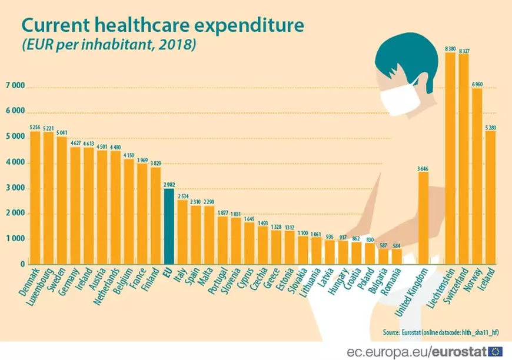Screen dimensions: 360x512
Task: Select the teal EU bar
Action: click(x=169, y=226)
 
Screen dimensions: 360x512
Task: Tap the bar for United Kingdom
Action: click(x=423, y=218)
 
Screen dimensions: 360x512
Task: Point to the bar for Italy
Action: click(x=182, y=232)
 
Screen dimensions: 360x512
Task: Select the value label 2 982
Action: click(x=169, y=184)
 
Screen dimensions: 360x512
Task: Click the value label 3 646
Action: click(x=423, y=168)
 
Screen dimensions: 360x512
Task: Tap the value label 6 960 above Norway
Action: click(x=477, y=84)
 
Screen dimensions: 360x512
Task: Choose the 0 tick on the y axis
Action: click(x=22, y=265)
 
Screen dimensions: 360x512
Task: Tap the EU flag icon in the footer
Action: click(x=498, y=351)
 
